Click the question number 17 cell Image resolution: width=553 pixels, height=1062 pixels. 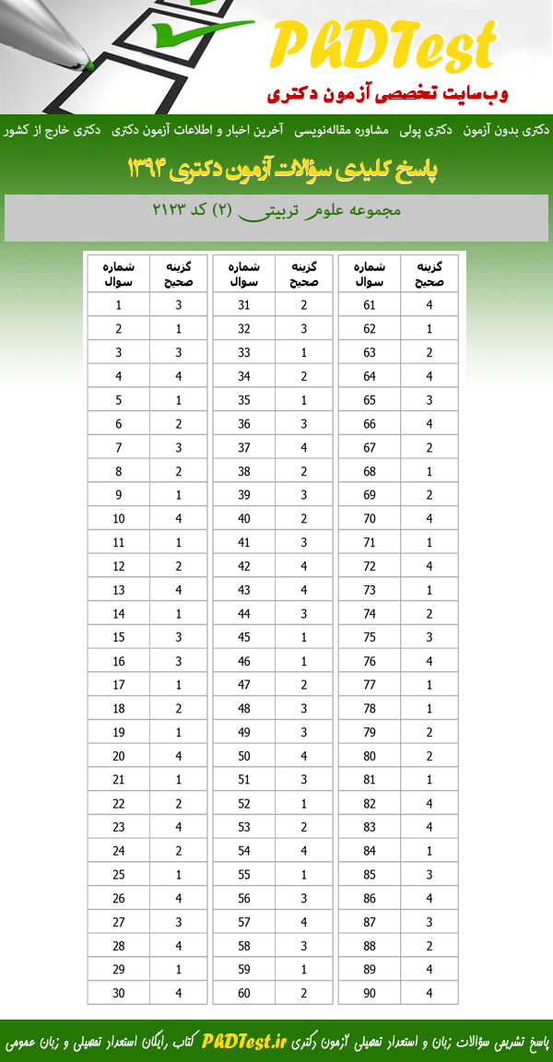click(119, 685)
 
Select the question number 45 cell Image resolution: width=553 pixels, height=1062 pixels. click(244, 637)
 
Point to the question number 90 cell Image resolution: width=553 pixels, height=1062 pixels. click(370, 993)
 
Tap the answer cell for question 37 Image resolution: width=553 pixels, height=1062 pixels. click(304, 447)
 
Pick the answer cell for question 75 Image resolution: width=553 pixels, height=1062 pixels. click(429, 637)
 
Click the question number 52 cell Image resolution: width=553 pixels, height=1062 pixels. click(244, 803)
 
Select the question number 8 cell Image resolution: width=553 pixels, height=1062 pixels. click(119, 471)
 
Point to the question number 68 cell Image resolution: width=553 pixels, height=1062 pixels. click(370, 471)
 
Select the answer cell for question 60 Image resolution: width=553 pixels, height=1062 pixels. click(304, 993)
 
